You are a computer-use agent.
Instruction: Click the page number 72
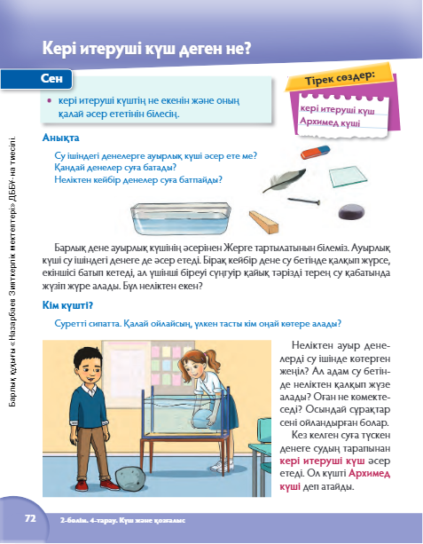point(30,518)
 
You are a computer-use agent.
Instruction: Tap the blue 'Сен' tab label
point(51,78)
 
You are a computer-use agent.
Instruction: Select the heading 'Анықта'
point(60,138)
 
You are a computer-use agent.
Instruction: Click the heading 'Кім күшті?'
point(67,305)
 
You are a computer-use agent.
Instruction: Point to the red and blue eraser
point(315,152)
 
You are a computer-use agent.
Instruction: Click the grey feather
point(285,180)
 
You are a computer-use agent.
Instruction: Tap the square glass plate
point(348,177)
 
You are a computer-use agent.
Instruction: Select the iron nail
point(303,201)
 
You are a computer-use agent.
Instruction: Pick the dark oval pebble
point(351,211)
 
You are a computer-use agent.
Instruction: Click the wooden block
point(264,221)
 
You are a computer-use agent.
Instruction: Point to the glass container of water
point(181,218)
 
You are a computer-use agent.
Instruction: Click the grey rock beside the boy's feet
point(130,478)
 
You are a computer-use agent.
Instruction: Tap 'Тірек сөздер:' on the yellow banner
point(341,78)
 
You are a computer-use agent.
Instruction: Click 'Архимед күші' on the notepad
point(330,122)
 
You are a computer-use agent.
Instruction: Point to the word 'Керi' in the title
point(59,48)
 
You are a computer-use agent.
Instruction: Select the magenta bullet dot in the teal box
point(50,100)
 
